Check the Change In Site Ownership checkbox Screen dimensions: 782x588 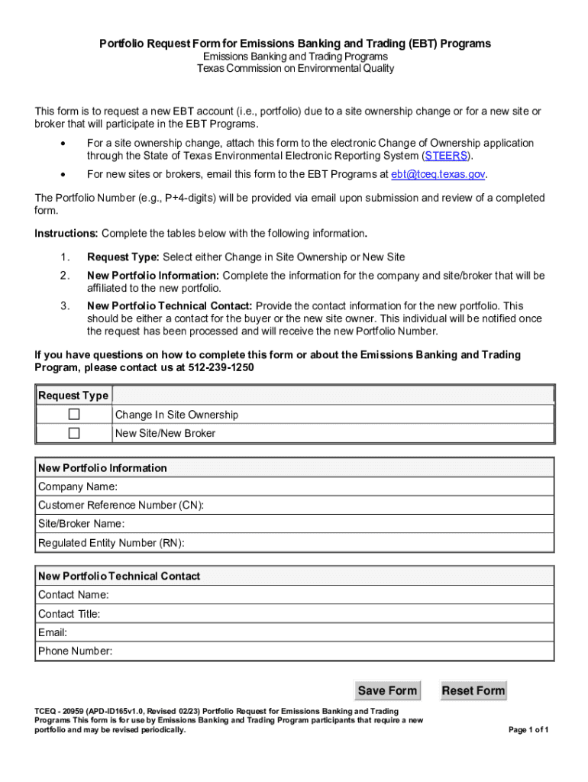74,415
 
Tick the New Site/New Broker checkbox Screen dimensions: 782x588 74,433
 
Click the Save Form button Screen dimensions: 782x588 387,690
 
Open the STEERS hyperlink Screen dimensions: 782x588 443,156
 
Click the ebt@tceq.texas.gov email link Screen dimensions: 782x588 438,174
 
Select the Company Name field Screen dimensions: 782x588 336,486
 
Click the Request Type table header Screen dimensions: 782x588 73,396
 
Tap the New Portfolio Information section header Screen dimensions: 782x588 102,467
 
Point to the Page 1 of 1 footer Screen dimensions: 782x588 528,729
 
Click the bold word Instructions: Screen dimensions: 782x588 66,233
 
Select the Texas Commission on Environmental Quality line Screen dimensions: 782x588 295,69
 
